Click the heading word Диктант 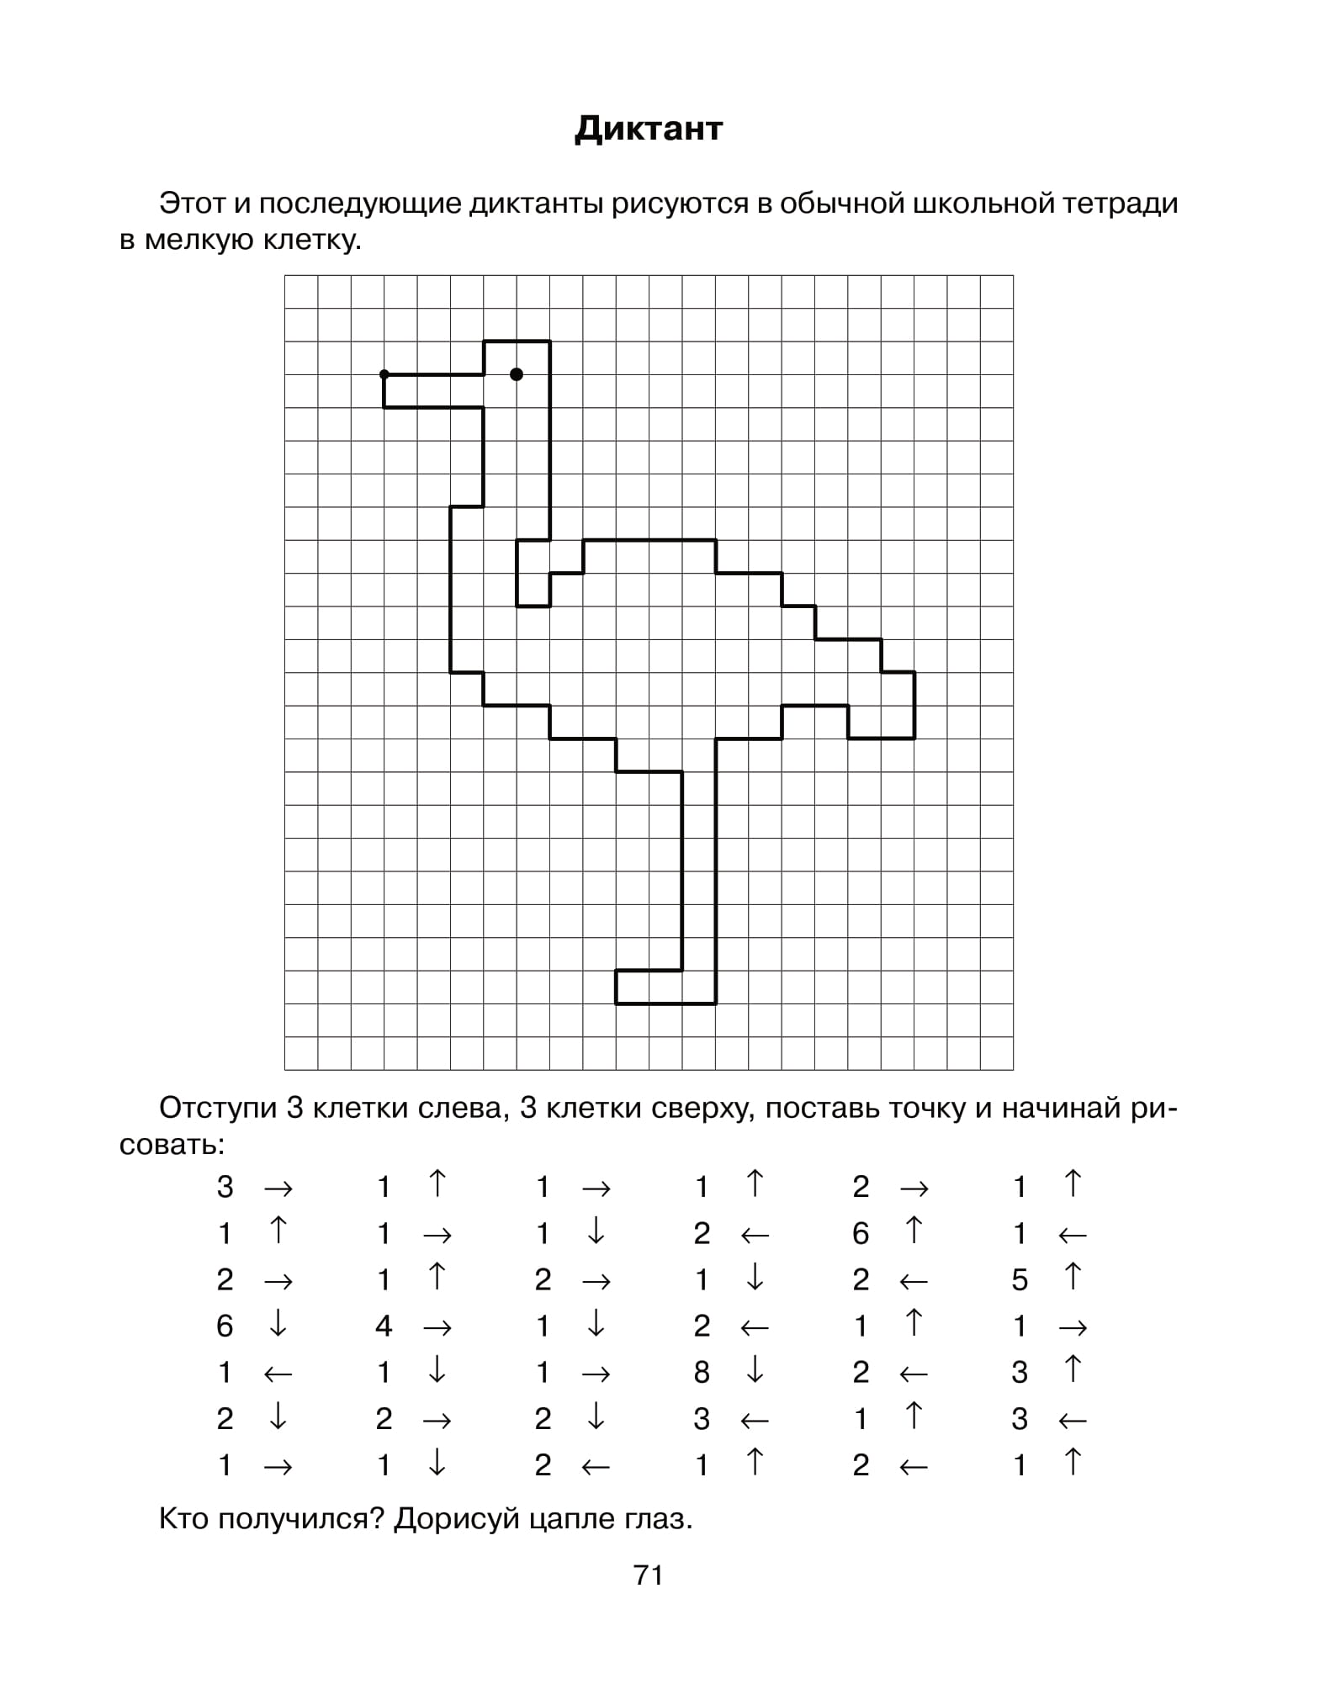click(648, 129)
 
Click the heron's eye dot click(517, 374)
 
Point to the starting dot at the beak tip click(384, 374)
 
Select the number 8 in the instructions click(701, 1373)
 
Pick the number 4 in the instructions click(384, 1326)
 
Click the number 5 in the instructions click(1019, 1280)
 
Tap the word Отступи click(218, 1109)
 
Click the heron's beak click(433, 391)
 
